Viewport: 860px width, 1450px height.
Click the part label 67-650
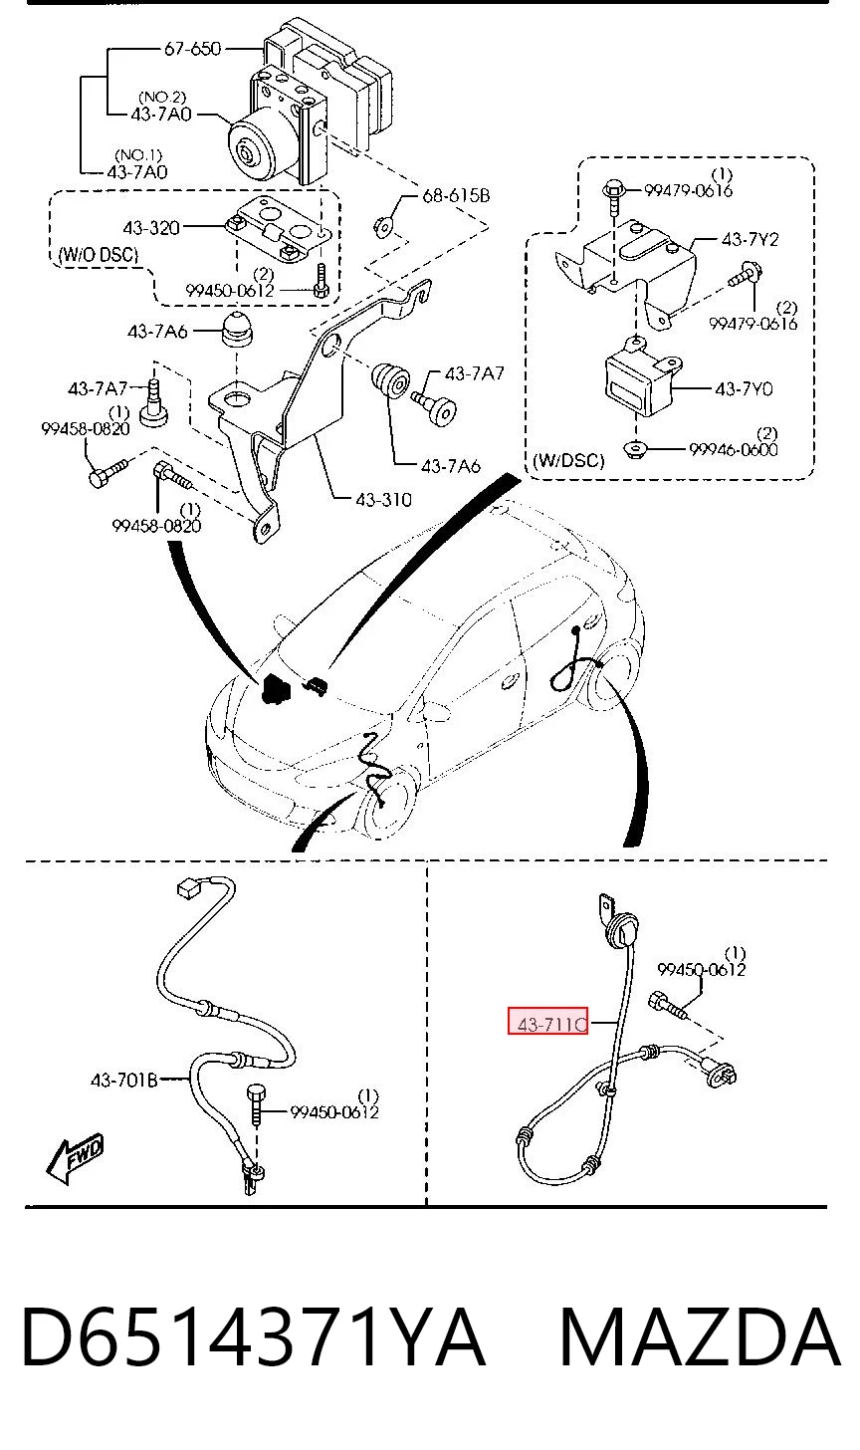(192, 49)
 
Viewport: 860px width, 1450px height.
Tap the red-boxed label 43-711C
(547, 1024)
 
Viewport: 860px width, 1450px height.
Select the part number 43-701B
(124, 1080)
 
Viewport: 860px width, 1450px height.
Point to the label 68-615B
(456, 195)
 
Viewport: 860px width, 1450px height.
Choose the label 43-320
(150, 228)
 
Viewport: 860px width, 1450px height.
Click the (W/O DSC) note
(98, 254)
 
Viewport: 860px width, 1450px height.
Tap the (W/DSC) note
(568, 460)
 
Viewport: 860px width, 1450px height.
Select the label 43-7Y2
(750, 239)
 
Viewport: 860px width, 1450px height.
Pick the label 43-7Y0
(744, 389)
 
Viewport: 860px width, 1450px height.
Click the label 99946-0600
(734, 449)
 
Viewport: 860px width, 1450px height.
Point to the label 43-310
(383, 499)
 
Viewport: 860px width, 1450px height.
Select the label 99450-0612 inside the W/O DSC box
(230, 291)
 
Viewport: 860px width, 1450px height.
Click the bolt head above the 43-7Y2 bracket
(613, 189)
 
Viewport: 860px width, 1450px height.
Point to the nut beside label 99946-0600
(635, 448)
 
